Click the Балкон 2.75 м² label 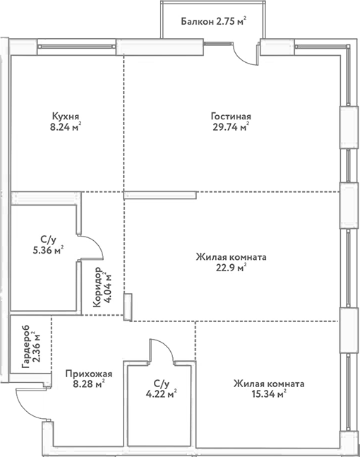[x=212, y=22]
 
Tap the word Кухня [x=65, y=117]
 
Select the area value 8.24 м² [x=65, y=129]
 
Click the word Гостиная [x=231, y=117]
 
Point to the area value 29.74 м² [x=231, y=129]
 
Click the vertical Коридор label [x=95, y=289]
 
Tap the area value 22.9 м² [x=231, y=269]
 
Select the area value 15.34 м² [x=269, y=396]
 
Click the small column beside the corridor [x=128, y=307]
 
